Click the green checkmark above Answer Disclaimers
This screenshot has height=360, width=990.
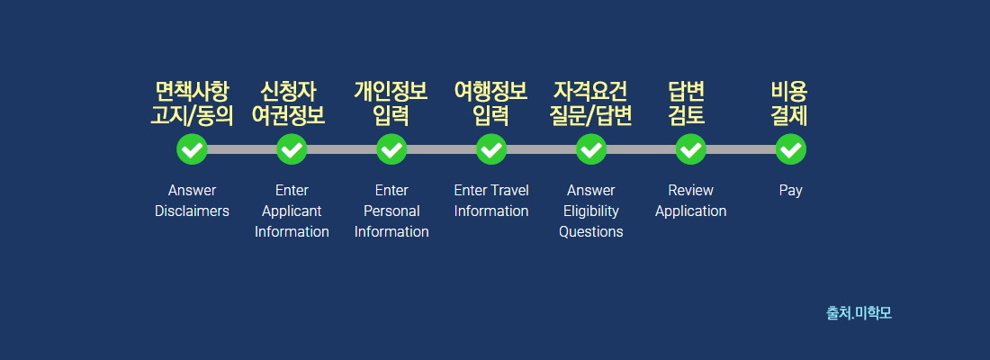[192, 149]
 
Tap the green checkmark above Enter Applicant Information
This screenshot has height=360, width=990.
[292, 149]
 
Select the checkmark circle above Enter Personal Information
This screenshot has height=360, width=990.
[391, 149]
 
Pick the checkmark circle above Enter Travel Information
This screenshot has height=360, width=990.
[491, 149]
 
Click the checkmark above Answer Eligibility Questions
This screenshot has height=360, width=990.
[591, 149]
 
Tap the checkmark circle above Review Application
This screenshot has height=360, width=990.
[690, 149]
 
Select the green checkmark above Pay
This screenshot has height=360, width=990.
[790, 149]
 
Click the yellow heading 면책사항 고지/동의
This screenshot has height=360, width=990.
[192, 103]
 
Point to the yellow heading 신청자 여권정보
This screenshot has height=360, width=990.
[289, 103]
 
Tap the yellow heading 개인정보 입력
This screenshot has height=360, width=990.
[391, 103]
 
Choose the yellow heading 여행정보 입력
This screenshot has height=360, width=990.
[491, 103]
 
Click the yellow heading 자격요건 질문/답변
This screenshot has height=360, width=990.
[591, 103]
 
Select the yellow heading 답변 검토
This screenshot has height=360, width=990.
[687, 103]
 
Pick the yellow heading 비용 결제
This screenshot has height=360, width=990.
[789, 103]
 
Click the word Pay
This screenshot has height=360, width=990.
[790, 191]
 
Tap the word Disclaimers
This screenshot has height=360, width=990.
[192, 211]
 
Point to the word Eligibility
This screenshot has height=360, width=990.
[591, 211]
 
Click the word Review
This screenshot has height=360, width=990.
[690, 190]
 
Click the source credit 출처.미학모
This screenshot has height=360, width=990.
[859, 312]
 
